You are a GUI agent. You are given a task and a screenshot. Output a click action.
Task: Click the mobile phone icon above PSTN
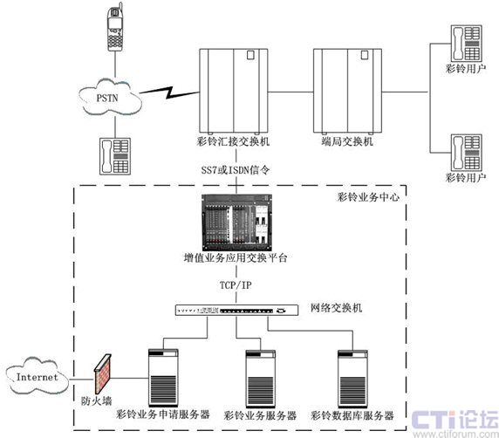point(115,27)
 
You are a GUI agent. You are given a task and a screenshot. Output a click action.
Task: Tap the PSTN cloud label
point(107,98)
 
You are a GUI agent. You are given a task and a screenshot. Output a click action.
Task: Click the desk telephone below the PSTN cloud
point(115,156)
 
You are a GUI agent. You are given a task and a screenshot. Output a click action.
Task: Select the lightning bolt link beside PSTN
point(168,92)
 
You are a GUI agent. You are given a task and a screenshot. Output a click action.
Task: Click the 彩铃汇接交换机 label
point(233,141)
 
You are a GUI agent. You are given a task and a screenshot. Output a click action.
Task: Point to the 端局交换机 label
point(347,141)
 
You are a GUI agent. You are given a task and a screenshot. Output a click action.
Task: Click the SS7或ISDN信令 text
point(236,170)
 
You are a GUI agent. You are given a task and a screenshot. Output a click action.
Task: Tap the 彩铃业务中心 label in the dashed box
point(368,197)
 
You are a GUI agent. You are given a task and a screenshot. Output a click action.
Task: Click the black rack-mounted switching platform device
point(237,222)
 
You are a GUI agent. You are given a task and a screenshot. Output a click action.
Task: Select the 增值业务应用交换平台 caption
point(236,257)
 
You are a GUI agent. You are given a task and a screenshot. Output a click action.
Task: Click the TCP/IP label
point(236,285)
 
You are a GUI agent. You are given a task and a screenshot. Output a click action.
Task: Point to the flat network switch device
point(236,310)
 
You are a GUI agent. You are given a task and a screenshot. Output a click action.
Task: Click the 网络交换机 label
point(337,308)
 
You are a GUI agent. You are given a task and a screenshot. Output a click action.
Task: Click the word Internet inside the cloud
point(38,378)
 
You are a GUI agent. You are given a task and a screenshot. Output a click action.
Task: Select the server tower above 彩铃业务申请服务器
point(163,378)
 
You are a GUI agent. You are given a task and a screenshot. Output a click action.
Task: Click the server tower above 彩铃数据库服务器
point(352,379)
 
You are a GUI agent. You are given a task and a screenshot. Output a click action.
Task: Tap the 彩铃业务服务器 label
point(260,415)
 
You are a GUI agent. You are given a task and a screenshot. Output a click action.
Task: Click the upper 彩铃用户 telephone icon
point(466,44)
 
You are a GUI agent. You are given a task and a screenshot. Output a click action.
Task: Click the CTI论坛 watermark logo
point(455,420)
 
